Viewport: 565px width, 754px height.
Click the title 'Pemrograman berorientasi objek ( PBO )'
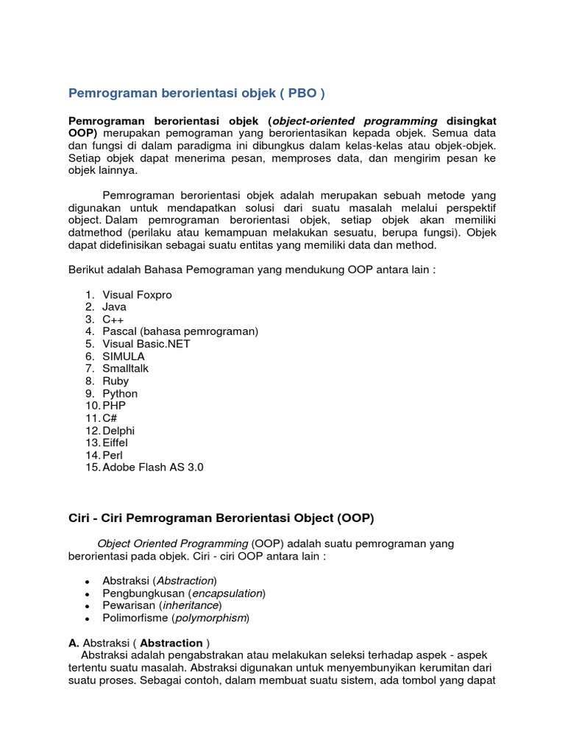point(196,94)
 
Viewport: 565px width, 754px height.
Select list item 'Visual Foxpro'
point(137,295)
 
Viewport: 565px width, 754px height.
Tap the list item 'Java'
point(114,307)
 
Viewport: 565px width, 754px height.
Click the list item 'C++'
point(113,320)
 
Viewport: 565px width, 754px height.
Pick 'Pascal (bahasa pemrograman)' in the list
point(180,331)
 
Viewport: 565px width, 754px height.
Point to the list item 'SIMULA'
point(124,356)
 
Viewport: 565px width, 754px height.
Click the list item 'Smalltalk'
point(125,368)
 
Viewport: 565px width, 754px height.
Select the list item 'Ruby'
point(116,381)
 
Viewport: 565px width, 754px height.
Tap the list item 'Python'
point(120,393)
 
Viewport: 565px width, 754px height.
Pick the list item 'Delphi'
point(118,430)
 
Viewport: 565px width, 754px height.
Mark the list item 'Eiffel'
point(116,443)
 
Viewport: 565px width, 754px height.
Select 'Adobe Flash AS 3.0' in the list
point(152,467)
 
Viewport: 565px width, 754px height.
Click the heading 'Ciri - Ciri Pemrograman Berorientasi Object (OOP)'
point(221,518)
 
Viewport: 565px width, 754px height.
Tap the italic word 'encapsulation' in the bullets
point(227,593)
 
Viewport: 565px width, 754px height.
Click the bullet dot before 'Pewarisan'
point(88,606)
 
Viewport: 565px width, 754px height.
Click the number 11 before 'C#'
point(91,418)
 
